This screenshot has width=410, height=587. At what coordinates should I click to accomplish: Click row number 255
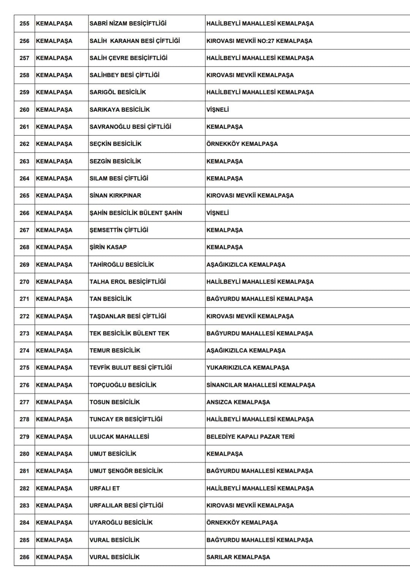pyautogui.click(x=24, y=24)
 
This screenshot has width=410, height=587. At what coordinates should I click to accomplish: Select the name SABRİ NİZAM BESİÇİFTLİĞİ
pyautogui.click(x=128, y=24)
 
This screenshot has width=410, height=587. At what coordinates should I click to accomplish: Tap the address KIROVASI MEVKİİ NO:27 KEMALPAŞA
pyautogui.click(x=259, y=41)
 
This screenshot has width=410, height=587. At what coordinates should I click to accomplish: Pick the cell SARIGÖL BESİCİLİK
pyautogui.click(x=118, y=92)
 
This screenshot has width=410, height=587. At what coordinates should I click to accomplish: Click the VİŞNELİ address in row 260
pyautogui.click(x=218, y=110)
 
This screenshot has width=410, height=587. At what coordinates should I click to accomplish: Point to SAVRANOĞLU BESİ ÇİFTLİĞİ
pyautogui.click(x=130, y=127)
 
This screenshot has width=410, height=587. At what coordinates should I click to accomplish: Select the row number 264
pyautogui.click(x=24, y=178)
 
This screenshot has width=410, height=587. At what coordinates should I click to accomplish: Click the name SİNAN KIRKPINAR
pyautogui.click(x=115, y=196)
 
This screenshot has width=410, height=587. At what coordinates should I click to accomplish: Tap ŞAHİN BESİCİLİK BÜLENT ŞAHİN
pyautogui.click(x=136, y=213)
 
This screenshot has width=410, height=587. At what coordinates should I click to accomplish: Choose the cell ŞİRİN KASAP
pyautogui.click(x=108, y=247)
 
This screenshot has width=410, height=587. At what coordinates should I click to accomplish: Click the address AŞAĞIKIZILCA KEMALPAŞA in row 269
pyautogui.click(x=246, y=265)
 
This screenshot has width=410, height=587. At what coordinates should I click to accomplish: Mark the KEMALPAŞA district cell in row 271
pyautogui.click(x=54, y=299)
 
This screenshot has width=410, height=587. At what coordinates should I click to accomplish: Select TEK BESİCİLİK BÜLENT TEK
pyautogui.click(x=129, y=333)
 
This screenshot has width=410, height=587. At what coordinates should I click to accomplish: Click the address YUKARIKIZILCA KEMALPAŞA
pyautogui.click(x=248, y=368)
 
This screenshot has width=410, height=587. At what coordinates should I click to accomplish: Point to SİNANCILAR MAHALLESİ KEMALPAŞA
pyautogui.click(x=260, y=385)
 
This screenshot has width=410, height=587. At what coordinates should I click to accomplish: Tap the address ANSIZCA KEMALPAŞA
pyautogui.click(x=238, y=402)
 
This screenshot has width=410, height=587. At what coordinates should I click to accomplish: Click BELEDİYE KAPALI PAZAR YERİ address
pyautogui.click(x=250, y=437)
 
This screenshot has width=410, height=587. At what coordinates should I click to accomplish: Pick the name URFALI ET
pyautogui.click(x=104, y=488)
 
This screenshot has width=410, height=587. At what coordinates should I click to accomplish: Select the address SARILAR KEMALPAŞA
pyautogui.click(x=238, y=557)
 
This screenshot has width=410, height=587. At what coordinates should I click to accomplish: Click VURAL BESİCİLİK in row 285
pyautogui.click(x=114, y=540)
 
